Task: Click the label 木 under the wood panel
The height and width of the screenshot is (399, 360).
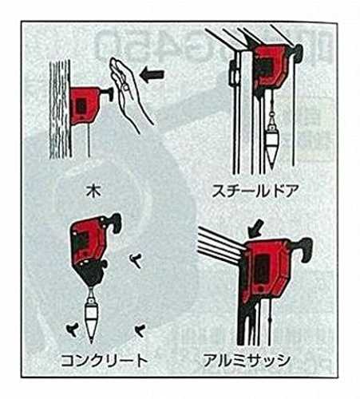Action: [x=93, y=191]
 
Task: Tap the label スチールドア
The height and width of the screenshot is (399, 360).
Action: [x=255, y=191]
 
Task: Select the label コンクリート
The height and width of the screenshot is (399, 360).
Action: [x=104, y=361]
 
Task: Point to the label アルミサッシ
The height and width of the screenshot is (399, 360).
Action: [x=247, y=361]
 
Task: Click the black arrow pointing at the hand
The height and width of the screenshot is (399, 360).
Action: [x=152, y=74]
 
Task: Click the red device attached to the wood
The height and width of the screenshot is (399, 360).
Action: [x=83, y=105]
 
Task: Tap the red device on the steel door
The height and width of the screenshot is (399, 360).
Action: [x=270, y=67]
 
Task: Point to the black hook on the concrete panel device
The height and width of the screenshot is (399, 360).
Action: [x=115, y=221]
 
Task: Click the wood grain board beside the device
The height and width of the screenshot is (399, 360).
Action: [x=60, y=109]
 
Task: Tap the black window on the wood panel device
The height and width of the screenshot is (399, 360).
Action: [x=81, y=105]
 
